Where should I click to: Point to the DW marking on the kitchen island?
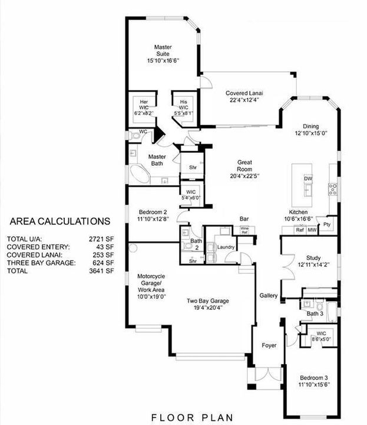pyautogui.click(x=308, y=178)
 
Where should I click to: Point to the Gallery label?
pyautogui.click(x=269, y=295)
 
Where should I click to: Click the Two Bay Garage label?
pyautogui.click(x=208, y=301)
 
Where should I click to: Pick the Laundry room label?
pyautogui.click(x=226, y=247)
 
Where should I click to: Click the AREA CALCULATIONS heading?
pyautogui.click(x=59, y=221)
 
